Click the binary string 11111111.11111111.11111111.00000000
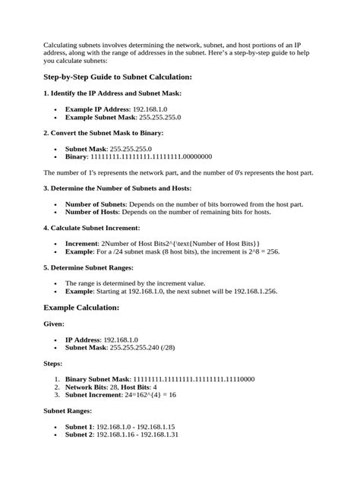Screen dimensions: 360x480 [x=151, y=157]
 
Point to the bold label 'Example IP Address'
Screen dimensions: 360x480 [x=98, y=109]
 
